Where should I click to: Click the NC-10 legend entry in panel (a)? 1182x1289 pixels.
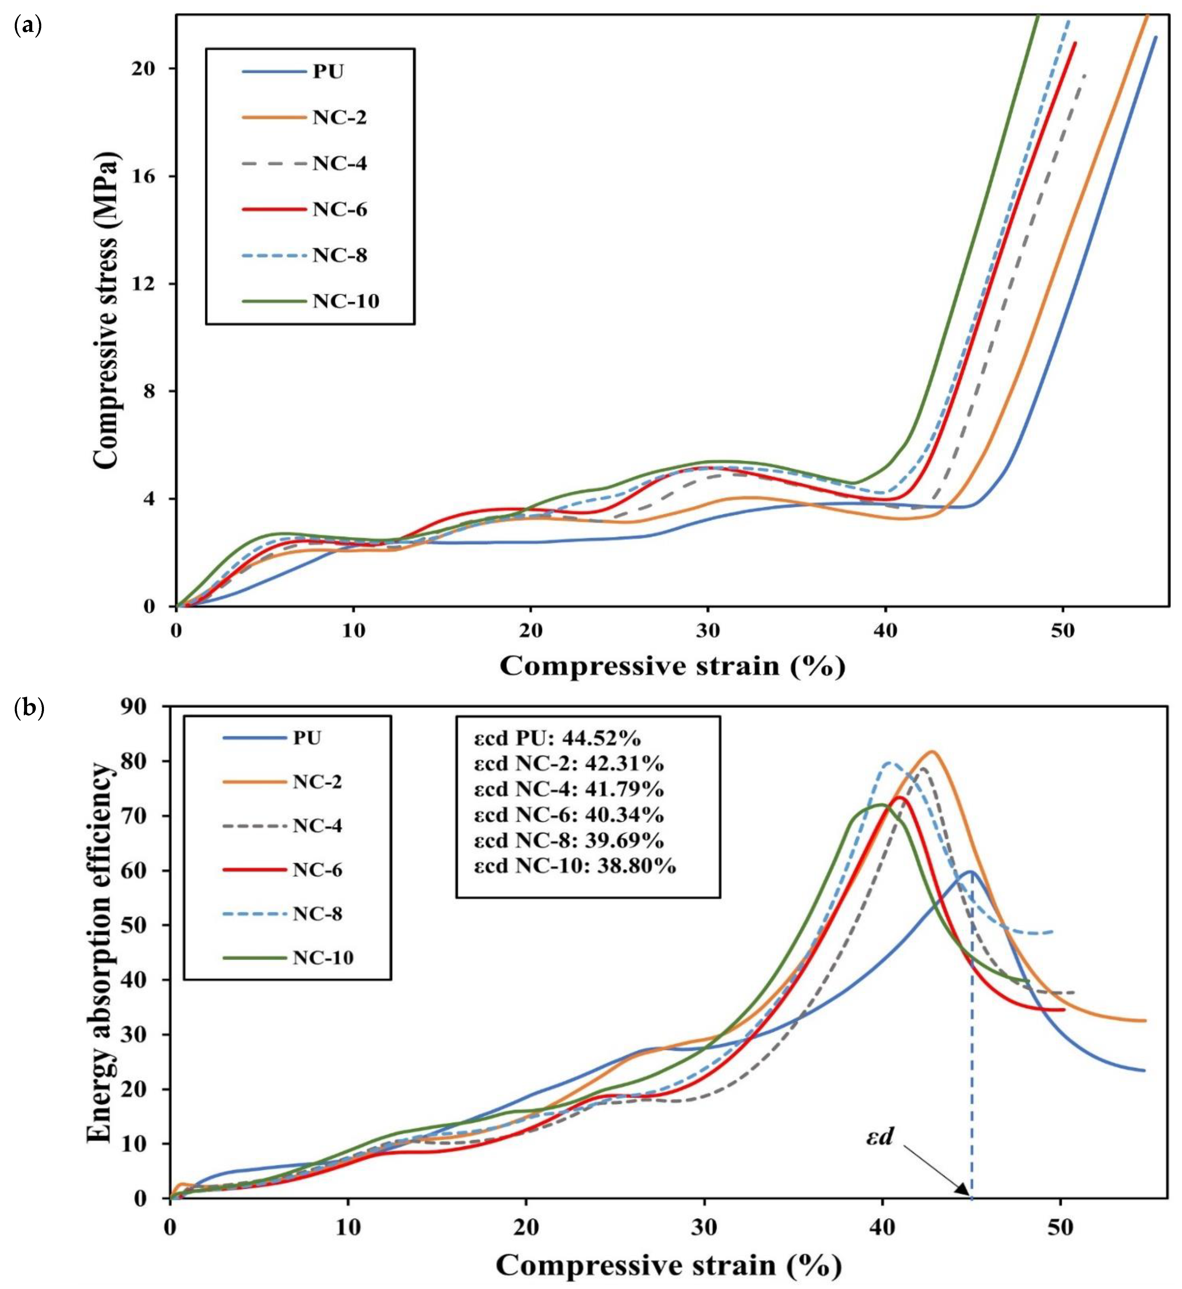[345, 301]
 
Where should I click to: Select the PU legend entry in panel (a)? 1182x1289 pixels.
[327, 71]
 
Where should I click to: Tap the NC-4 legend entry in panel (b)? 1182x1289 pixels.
[317, 826]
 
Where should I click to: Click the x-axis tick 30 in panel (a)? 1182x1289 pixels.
[707, 630]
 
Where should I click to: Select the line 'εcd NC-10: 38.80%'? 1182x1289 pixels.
[574, 866]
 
